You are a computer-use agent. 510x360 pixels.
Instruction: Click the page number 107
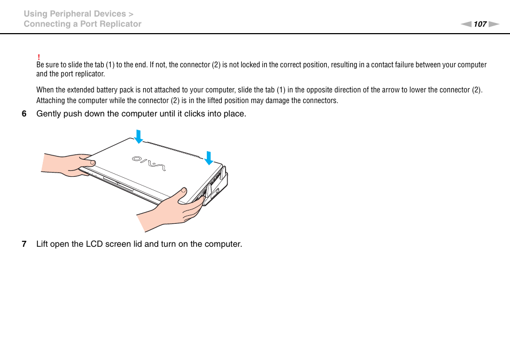point(480,24)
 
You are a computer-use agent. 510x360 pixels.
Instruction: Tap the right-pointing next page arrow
point(493,24)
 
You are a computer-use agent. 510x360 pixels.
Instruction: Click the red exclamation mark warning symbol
point(38,57)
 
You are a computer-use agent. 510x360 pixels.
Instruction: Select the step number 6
point(24,114)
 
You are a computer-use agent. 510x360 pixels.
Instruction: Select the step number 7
point(24,244)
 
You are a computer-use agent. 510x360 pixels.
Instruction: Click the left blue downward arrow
point(138,136)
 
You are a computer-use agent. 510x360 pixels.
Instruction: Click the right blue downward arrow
point(208,158)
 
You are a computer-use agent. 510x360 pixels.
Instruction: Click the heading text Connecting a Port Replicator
point(82,24)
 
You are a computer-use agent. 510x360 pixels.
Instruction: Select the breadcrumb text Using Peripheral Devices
point(75,14)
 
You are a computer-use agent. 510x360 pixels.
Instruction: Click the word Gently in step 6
point(49,114)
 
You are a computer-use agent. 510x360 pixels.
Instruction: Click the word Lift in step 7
point(43,244)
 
